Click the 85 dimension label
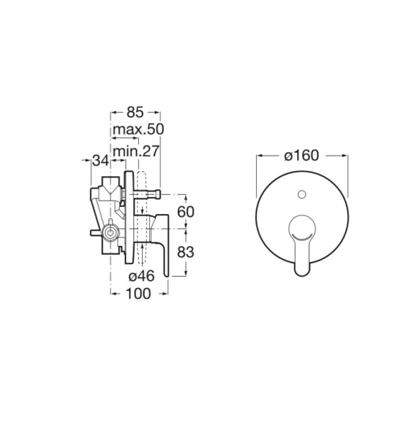pyautogui.click(x=135, y=112)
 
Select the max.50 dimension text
pyautogui.click(x=138, y=129)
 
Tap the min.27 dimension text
pyautogui.click(x=135, y=151)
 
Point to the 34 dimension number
pyautogui.click(x=101, y=160)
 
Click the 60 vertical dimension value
pyautogui.click(x=186, y=212)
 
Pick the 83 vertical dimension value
pyautogui.click(x=186, y=253)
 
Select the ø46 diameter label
pyautogui.click(x=142, y=276)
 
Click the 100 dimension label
pyautogui.click(x=138, y=294)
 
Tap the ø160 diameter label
pyautogui.click(x=302, y=156)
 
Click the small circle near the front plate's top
pyautogui.click(x=302, y=195)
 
